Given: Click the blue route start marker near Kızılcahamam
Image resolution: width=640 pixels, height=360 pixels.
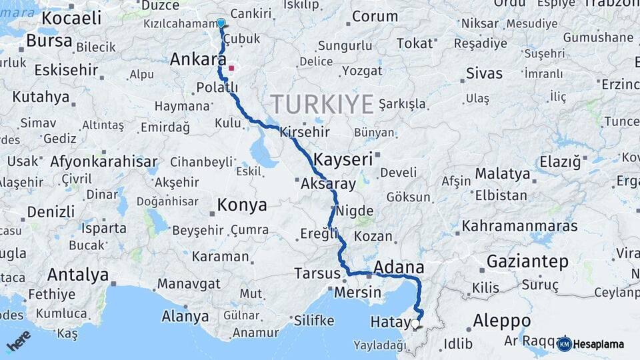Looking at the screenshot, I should [221, 23].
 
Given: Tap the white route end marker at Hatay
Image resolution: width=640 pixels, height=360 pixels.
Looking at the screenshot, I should [415, 324].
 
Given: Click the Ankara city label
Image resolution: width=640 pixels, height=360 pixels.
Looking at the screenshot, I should [195, 59].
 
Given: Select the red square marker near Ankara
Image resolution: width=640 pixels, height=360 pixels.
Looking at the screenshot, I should [231, 68].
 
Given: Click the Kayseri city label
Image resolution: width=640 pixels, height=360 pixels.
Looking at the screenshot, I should [343, 159].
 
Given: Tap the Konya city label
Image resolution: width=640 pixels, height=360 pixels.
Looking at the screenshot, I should [242, 205].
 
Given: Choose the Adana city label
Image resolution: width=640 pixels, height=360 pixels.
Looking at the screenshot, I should [399, 267].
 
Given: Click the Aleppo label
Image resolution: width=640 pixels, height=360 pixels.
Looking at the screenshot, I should [502, 321].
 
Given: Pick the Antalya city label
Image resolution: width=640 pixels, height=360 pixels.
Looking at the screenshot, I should [78, 275].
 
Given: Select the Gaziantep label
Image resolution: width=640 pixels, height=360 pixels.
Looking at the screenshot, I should [527, 261].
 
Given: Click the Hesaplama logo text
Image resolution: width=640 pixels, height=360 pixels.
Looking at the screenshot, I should [599, 344].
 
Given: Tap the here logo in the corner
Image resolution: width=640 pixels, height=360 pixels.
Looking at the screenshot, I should [18, 340].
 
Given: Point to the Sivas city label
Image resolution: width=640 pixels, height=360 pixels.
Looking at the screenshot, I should [484, 73].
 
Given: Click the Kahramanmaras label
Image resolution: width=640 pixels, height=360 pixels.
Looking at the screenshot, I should [519, 226].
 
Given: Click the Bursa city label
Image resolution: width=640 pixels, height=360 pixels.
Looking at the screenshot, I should [49, 41].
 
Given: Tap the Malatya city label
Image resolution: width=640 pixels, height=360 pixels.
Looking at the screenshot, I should [503, 174].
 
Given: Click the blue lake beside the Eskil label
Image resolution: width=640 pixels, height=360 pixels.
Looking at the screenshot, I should [263, 154].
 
